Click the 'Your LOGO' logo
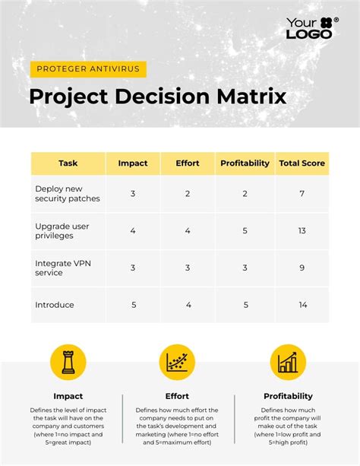312,28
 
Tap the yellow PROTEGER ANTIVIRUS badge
88,69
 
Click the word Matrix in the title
251,97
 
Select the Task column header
68,163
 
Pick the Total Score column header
302,163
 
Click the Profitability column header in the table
245,163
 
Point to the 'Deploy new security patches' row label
68,194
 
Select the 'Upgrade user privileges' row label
62,231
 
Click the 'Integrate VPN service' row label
63,268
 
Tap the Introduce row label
55,305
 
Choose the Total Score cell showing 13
302,231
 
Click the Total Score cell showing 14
303,305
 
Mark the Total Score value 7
302,194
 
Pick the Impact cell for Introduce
134,305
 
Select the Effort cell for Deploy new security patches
188,194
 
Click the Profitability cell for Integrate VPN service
245,268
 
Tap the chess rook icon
68,363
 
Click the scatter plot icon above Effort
177,363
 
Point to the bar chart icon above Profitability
288,363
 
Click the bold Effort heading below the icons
177,396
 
